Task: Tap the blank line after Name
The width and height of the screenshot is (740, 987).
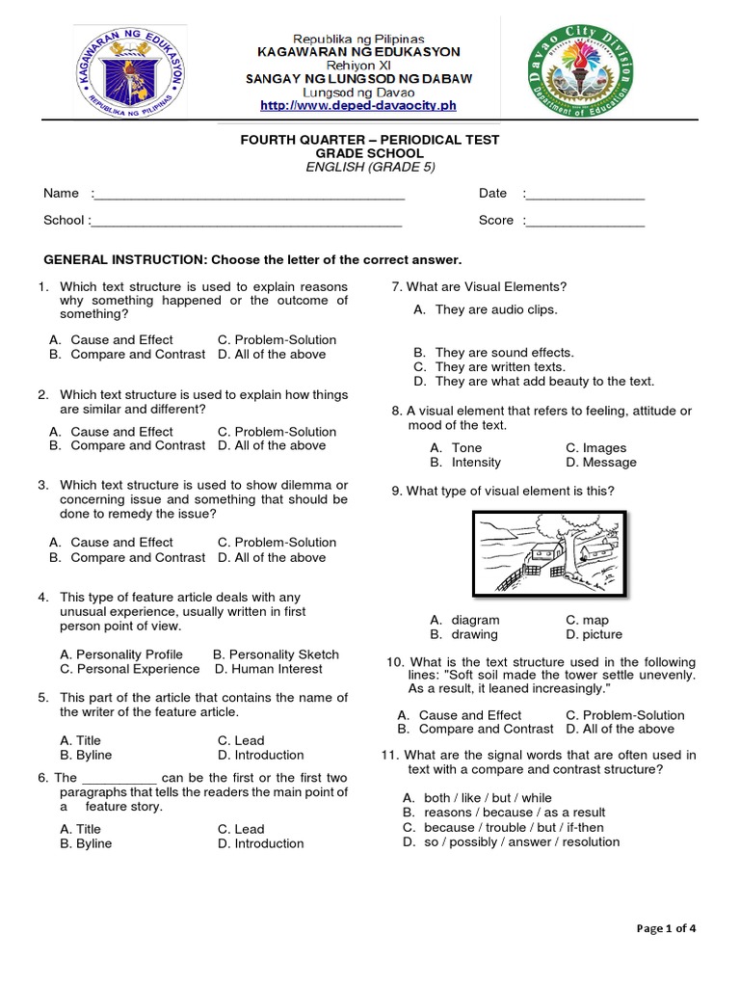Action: click(249, 196)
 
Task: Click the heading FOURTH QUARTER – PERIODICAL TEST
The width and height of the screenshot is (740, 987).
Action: click(370, 140)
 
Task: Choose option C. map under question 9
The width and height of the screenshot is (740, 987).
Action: click(587, 620)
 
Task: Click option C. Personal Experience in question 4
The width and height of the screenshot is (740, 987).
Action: click(129, 669)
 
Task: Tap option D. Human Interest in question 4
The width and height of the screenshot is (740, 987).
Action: click(269, 669)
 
